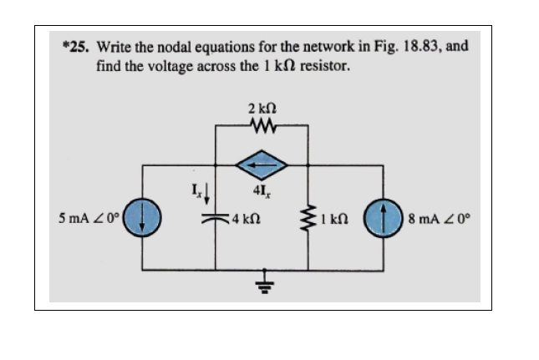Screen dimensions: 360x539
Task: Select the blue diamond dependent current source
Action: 262,166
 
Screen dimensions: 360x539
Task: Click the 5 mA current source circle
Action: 143,221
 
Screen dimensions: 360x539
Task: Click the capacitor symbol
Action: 216,218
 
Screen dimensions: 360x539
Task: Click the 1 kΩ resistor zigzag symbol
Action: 310,221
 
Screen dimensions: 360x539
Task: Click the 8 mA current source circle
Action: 384,221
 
